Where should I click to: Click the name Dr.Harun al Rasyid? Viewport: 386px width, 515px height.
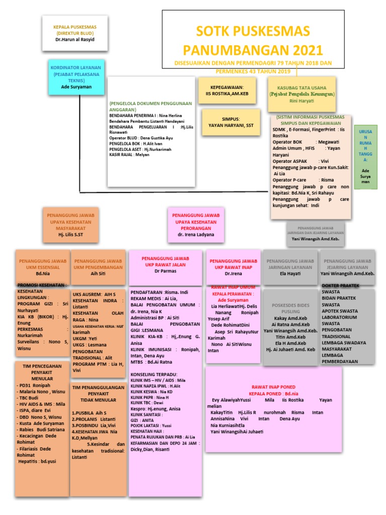(x=75, y=40)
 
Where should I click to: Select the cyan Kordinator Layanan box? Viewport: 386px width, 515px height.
(x=76, y=77)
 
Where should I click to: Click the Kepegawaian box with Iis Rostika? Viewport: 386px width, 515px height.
(x=227, y=91)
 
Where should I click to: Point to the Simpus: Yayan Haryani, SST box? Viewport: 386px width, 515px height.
(x=227, y=122)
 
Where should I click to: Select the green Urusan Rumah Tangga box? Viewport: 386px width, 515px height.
(x=365, y=157)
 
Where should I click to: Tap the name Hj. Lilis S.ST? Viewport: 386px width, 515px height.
(x=71, y=234)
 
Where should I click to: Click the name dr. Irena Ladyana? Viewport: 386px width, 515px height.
(x=196, y=234)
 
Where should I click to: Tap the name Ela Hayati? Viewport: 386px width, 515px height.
(x=291, y=274)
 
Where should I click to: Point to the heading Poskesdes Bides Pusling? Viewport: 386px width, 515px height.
(x=290, y=308)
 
